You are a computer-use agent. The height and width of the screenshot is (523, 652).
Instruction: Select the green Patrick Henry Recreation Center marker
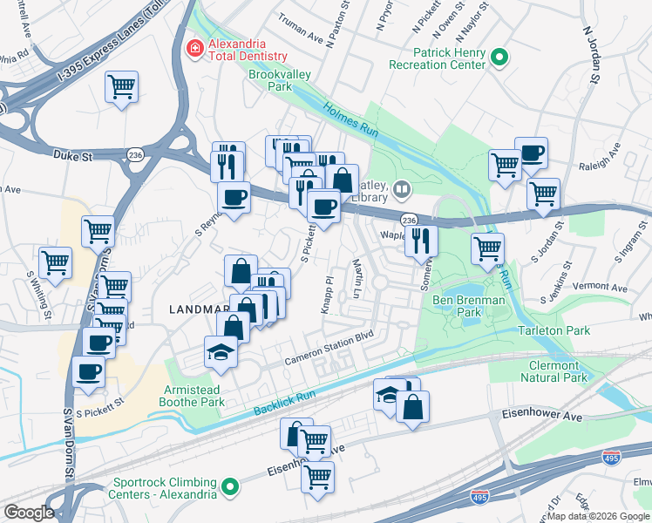tap(499, 58)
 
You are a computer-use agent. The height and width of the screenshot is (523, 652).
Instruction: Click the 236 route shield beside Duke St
tap(134, 153)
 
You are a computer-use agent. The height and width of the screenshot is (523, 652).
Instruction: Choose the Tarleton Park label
tap(554, 330)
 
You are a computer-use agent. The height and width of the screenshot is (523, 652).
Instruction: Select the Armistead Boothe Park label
tap(192, 396)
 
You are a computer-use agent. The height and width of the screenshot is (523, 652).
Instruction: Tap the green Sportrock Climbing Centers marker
tap(230, 486)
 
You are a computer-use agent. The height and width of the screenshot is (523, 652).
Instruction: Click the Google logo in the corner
tap(28, 513)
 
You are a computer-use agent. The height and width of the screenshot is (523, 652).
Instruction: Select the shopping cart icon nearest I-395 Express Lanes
tap(122, 85)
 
